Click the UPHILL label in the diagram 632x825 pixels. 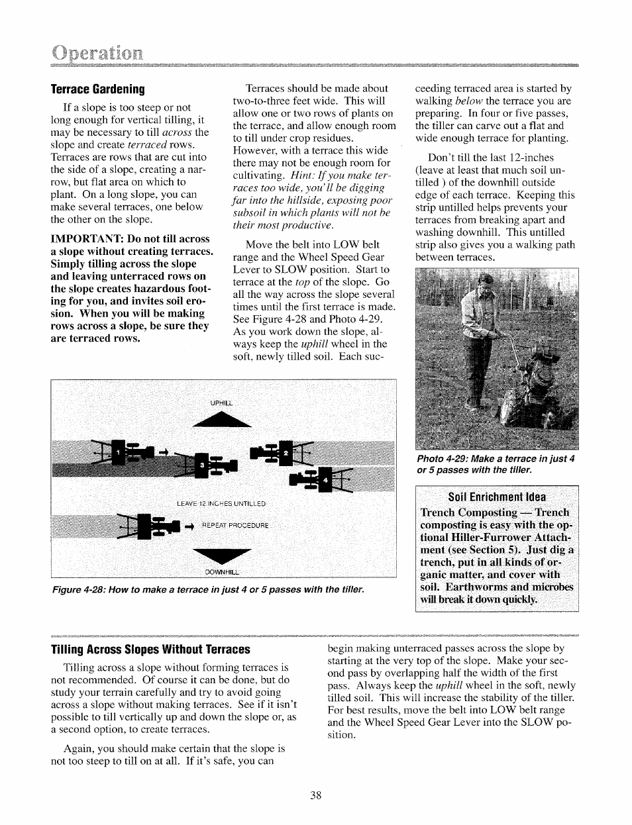222,403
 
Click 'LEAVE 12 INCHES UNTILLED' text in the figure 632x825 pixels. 221,504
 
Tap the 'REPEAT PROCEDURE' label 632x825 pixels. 235,526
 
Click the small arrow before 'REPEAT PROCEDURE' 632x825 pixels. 187,526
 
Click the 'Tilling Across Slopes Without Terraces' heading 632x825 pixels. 151,650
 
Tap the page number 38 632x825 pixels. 315,796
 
